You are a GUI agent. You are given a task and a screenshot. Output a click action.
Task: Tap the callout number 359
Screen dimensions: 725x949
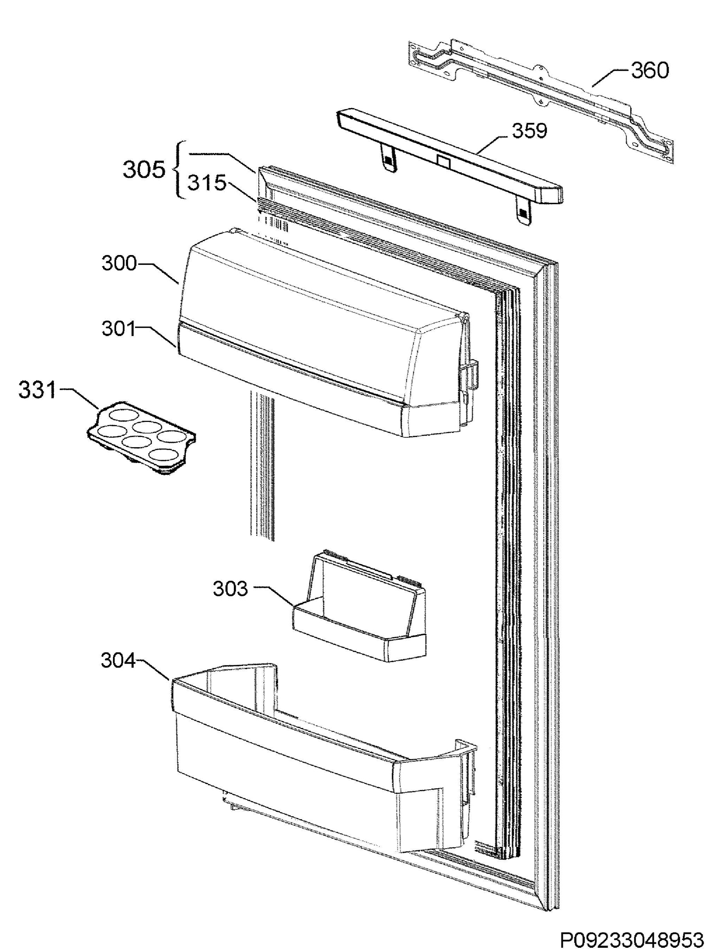[529, 130]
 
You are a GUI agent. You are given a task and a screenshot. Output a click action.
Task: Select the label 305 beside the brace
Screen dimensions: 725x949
[144, 170]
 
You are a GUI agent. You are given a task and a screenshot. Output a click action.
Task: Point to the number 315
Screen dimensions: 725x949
[207, 183]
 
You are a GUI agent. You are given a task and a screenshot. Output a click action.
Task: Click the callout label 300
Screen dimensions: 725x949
[119, 263]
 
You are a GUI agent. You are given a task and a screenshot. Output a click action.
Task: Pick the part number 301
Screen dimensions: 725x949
[119, 329]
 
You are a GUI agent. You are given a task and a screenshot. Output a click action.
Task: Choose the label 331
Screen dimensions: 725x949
[38, 391]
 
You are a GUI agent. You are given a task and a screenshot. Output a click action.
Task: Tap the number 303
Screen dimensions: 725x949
[230, 589]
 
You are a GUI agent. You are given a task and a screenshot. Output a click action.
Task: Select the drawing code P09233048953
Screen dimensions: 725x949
[632, 936]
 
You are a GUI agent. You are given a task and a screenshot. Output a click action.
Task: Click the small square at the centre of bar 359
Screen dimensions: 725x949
[444, 162]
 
